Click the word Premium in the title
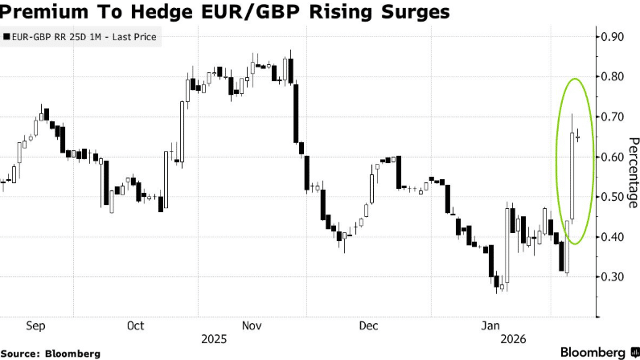(x=47, y=13)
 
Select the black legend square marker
(x=7, y=37)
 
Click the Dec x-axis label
(x=368, y=326)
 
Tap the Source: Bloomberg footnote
(x=51, y=354)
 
